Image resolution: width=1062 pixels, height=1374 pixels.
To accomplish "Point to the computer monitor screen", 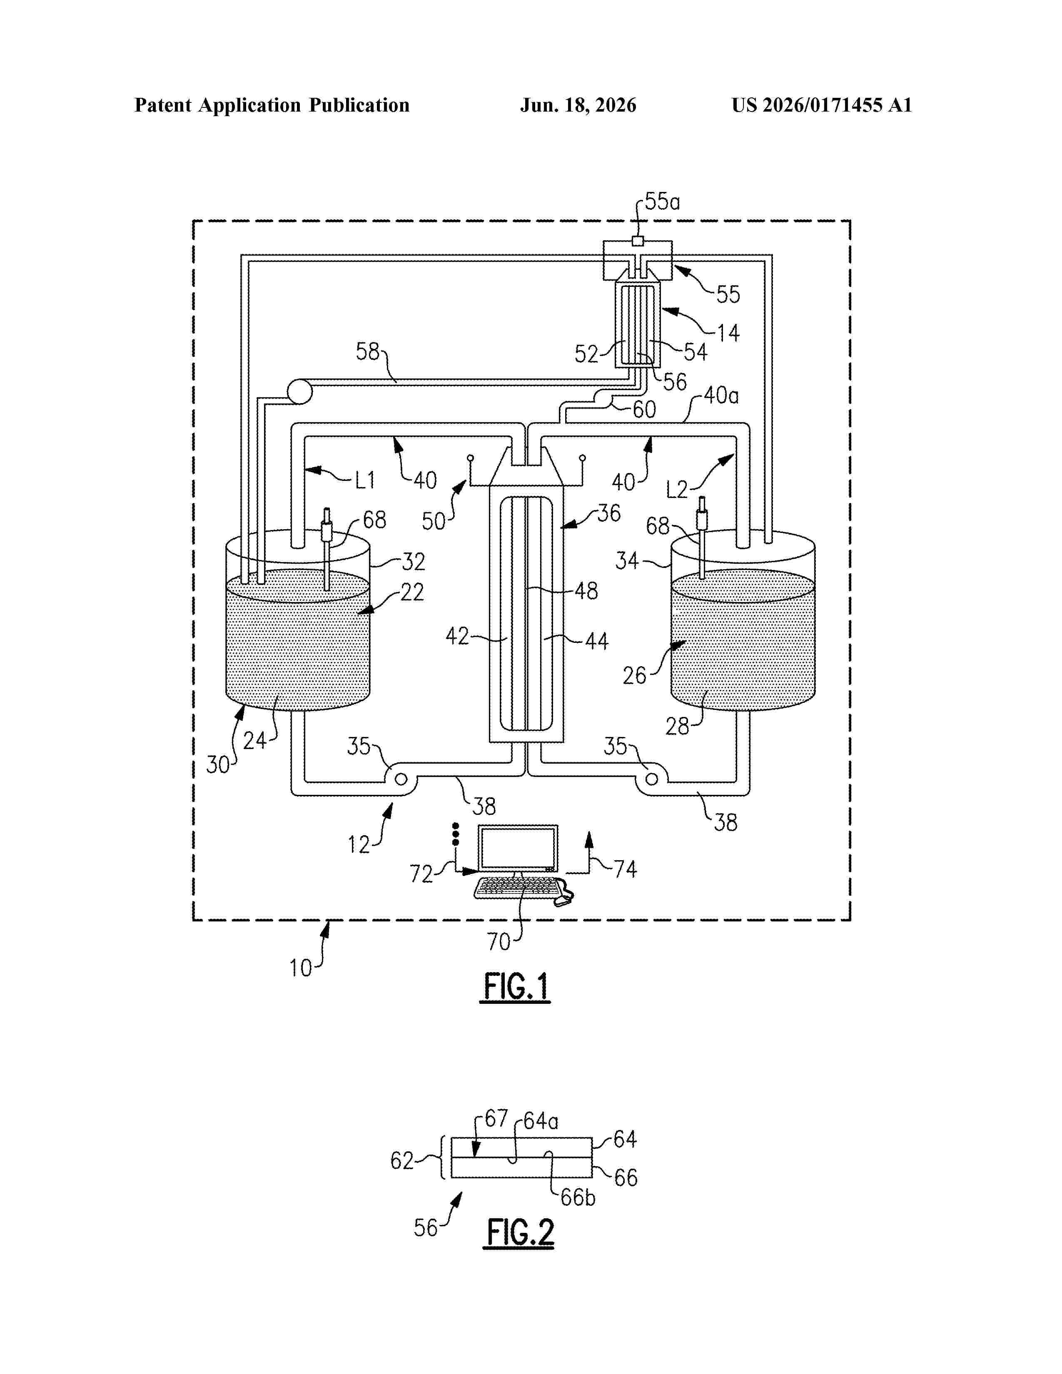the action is pos(518,849).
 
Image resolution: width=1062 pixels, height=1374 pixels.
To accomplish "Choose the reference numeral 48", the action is pos(586,591).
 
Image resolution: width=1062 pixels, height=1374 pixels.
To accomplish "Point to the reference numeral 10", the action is pos(301,968).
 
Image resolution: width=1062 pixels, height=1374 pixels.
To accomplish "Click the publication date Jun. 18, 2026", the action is pos(578,105).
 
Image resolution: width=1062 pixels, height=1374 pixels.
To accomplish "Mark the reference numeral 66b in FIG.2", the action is pos(578,1197).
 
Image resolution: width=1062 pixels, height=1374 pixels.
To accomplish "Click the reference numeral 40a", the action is pos(721,395).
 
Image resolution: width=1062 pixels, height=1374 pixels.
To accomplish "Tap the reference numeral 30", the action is pos(218,765).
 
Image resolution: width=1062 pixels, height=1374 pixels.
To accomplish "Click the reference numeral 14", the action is pos(728,333).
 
